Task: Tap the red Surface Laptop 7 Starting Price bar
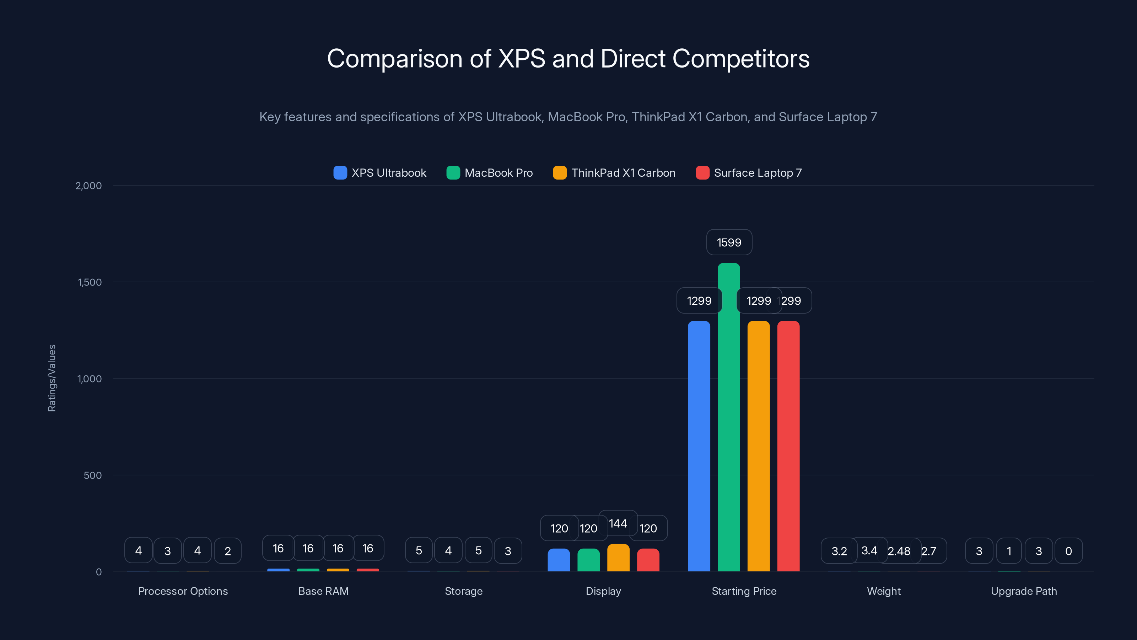788,446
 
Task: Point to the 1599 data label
729,242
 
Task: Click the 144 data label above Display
618,523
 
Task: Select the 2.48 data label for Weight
899,551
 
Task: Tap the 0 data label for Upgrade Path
1068,551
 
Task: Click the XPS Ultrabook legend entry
380,173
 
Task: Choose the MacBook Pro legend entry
490,173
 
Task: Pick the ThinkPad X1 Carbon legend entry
614,173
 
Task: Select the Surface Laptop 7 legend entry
749,173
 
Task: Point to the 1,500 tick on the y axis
90,282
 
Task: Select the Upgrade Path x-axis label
1024,591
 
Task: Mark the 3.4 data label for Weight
869,550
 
